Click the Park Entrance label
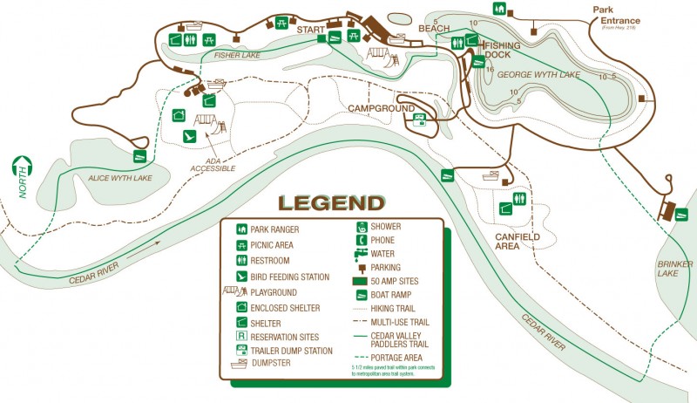coord(617,17)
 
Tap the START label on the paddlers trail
coord(310,30)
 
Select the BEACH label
coord(433,29)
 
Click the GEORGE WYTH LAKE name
coord(538,76)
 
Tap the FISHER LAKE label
coord(236,55)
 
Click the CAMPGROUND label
coord(382,108)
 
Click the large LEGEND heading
coord(331,203)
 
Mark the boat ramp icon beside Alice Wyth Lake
coord(139,157)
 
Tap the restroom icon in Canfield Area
coord(521,198)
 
